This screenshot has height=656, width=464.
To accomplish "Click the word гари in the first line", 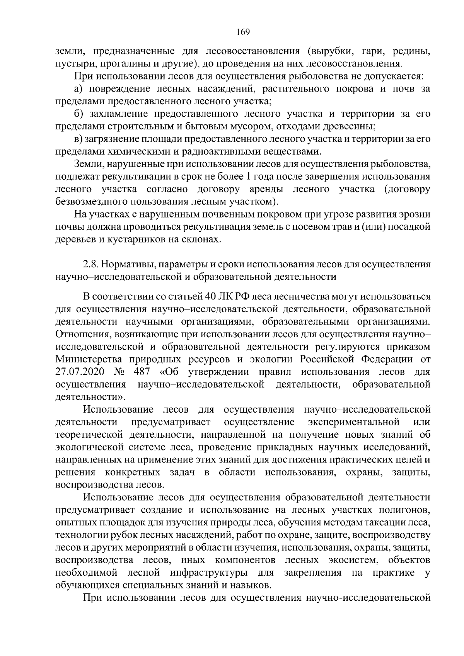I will click(370, 51).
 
